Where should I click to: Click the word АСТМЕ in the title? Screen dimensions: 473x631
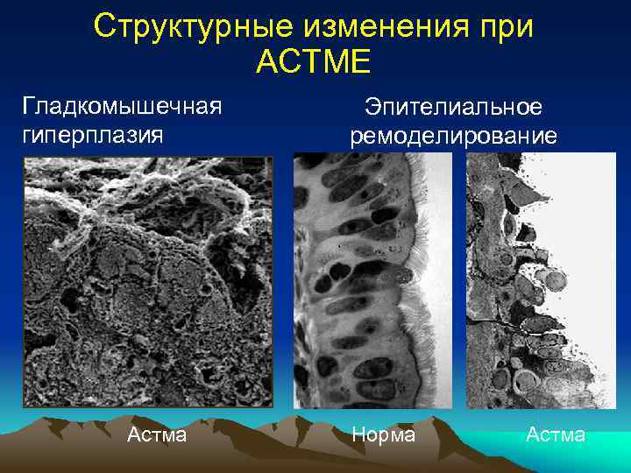coord(315,62)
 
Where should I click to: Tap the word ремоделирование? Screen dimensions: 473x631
coord(453,136)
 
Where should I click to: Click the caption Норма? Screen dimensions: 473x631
coord(384,434)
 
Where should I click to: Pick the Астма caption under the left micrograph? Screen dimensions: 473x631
coord(157,434)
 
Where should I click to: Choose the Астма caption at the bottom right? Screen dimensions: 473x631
coord(556,434)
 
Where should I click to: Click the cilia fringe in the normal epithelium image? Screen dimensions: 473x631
coord(426,289)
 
